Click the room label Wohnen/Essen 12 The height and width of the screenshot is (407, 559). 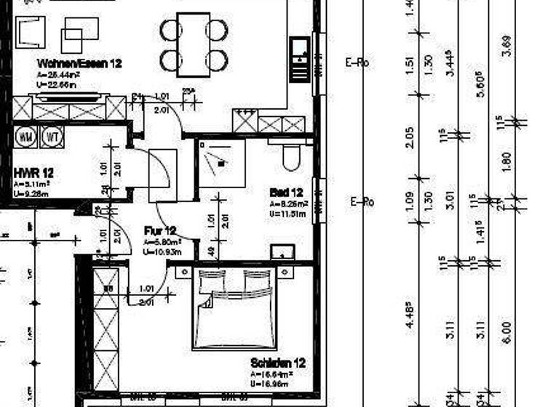pyautogui.click(x=79, y=64)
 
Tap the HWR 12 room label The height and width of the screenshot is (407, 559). pyautogui.click(x=33, y=174)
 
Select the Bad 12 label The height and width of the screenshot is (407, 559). pyautogui.click(x=284, y=193)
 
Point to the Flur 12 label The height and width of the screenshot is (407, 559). pyautogui.click(x=160, y=231)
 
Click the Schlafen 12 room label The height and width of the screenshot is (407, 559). pyautogui.click(x=277, y=363)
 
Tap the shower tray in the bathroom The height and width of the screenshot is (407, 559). pyautogui.click(x=221, y=164)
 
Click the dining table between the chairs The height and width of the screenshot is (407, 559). pyautogui.click(x=194, y=44)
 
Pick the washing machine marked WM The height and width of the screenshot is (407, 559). pyautogui.click(x=27, y=136)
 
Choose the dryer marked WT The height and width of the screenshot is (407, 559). pyautogui.click(x=51, y=136)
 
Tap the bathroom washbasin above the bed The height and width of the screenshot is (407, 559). pyautogui.click(x=282, y=252)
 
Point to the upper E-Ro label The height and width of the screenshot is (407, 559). pyautogui.click(x=357, y=63)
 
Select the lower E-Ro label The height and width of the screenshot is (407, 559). pyautogui.click(x=362, y=202)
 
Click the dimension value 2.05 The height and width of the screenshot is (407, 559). pyautogui.click(x=410, y=136)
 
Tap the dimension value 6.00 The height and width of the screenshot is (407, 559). pyautogui.click(x=507, y=333)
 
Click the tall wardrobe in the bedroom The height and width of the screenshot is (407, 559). pyautogui.click(x=106, y=331)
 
